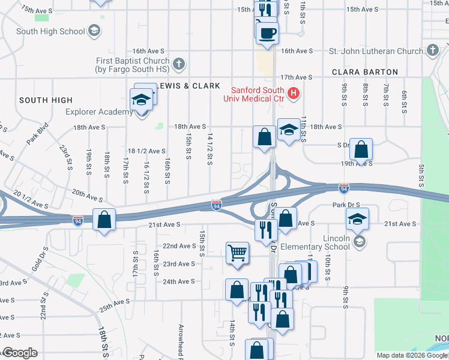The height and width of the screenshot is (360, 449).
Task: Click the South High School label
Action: [50, 31]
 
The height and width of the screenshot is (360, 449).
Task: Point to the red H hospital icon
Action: [294, 92]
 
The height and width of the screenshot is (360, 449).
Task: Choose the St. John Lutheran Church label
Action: [376, 51]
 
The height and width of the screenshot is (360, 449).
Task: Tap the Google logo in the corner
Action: [20, 353]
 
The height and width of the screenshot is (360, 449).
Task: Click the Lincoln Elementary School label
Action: [328, 242]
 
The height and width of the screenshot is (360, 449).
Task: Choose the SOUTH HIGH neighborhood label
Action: [46, 100]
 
